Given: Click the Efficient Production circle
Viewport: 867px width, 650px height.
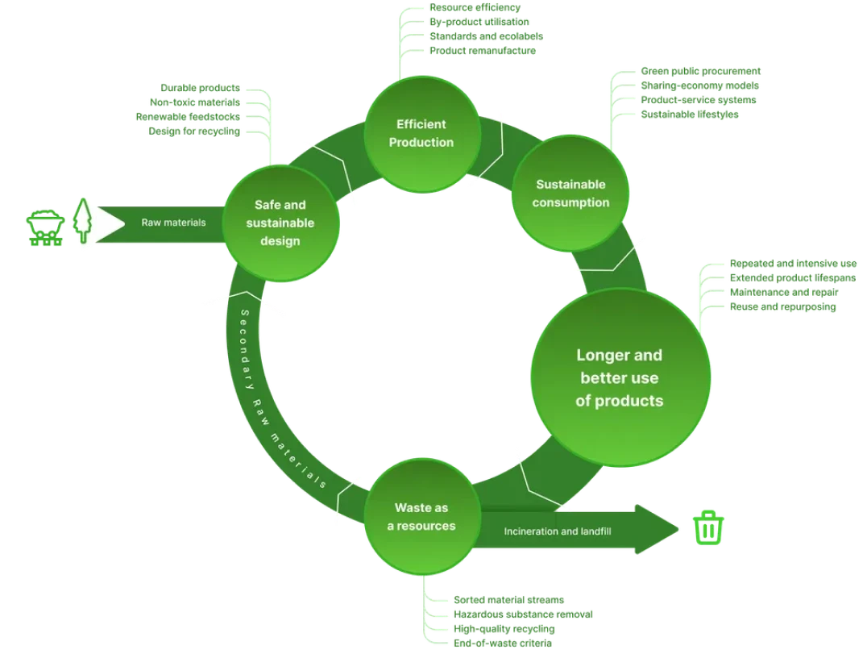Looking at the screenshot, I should (x=421, y=133).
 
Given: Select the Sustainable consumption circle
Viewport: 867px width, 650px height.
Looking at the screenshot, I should (x=570, y=194).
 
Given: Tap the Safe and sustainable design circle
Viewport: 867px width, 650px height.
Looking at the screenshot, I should (x=280, y=223).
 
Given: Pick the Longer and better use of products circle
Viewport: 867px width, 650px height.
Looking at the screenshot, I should (x=619, y=377).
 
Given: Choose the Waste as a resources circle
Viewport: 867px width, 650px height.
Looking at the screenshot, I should (x=421, y=517).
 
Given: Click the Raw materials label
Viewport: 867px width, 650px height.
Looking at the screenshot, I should (x=173, y=223).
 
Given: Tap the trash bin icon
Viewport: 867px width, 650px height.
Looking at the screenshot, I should (x=708, y=528).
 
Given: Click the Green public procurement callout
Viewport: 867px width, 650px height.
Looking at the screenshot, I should (x=700, y=72).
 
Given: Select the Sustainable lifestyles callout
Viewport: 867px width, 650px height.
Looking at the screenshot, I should (x=689, y=115).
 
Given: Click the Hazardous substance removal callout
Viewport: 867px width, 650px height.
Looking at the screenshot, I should (x=521, y=615).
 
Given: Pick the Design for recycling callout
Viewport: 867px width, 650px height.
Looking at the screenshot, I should (x=194, y=130).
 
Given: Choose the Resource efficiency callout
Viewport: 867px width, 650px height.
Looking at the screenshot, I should (x=474, y=7).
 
